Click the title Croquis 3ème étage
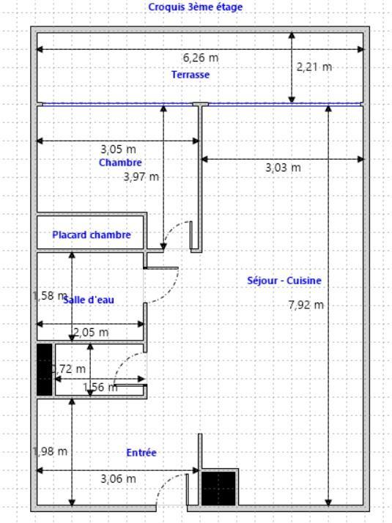tap(195, 7)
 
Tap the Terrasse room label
tap(191, 75)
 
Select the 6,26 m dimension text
tap(201, 58)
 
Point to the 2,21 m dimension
tap(314, 67)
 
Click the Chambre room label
tap(120, 163)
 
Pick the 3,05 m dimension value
tap(118, 150)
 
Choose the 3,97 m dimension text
tap(142, 177)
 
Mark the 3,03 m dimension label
tap(283, 168)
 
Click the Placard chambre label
tap(92, 235)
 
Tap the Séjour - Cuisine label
tap(284, 281)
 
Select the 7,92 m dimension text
tap(306, 305)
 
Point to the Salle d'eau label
tap(89, 300)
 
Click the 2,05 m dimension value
tap(91, 333)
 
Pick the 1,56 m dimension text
tap(100, 387)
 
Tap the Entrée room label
tap(141, 453)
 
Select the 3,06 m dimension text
tap(118, 479)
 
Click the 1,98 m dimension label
tap(51, 451)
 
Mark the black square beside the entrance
tap(218, 488)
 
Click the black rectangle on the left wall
tap(45, 369)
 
